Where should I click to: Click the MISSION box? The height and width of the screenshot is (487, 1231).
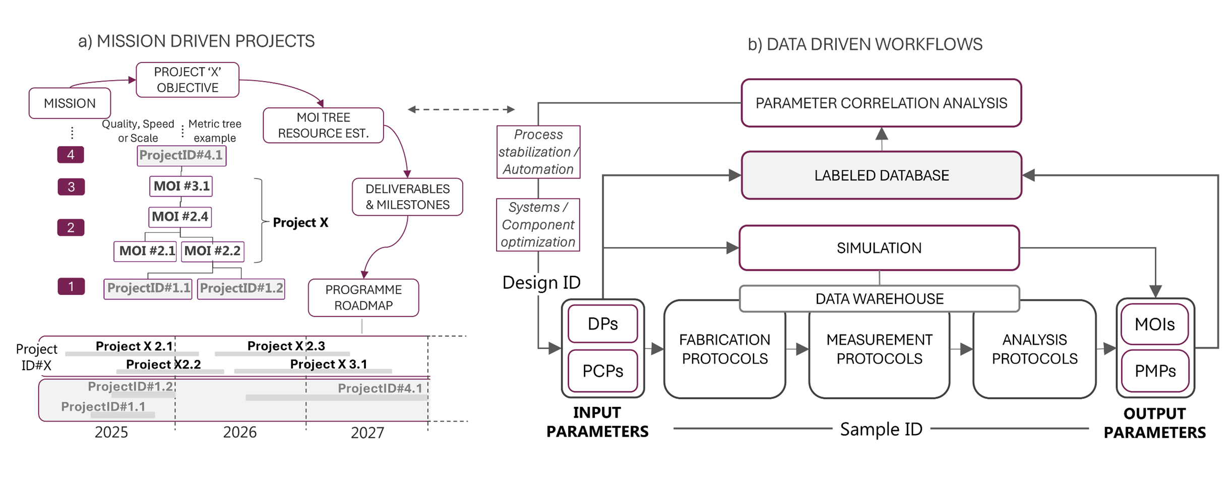pyautogui.click(x=70, y=103)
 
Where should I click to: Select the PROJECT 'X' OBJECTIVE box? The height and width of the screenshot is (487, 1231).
pyautogui.click(x=188, y=80)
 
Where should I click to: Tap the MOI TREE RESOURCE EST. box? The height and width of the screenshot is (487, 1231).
pyautogui.click(x=323, y=126)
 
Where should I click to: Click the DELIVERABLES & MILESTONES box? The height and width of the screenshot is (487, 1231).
pyautogui.click(x=407, y=197)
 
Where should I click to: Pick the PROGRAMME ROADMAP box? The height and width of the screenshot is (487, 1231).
pyautogui.click(x=363, y=297)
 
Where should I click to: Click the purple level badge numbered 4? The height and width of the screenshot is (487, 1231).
pyautogui.click(x=71, y=155)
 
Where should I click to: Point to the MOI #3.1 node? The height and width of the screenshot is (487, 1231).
pyautogui.click(x=181, y=186)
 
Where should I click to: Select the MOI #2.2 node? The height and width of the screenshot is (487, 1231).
pyautogui.click(x=212, y=251)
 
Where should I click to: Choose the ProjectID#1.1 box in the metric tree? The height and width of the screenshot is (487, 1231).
pyautogui.click(x=148, y=288)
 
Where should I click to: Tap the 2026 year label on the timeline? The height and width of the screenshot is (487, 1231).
pyautogui.click(x=239, y=433)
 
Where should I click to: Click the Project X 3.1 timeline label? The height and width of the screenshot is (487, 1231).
pyautogui.click(x=329, y=364)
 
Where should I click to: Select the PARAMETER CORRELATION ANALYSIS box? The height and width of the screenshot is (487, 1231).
pyautogui.click(x=881, y=103)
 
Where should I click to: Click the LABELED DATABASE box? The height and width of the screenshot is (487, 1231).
pyautogui.click(x=881, y=175)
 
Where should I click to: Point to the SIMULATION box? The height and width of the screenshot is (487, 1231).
pyautogui.click(x=879, y=248)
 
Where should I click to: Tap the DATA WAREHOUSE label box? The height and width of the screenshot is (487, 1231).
pyautogui.click(x=879, y=299)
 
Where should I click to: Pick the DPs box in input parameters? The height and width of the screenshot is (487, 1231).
pyautogui.click(x=602, y=324)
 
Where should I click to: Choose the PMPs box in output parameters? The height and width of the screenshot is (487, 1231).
pyautogui.click(x=1155, y=371)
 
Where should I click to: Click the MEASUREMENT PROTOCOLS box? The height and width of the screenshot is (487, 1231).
pyautogui.click(x=879, y=349)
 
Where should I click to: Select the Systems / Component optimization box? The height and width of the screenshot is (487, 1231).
pyautogui.click(x=538, y=225)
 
